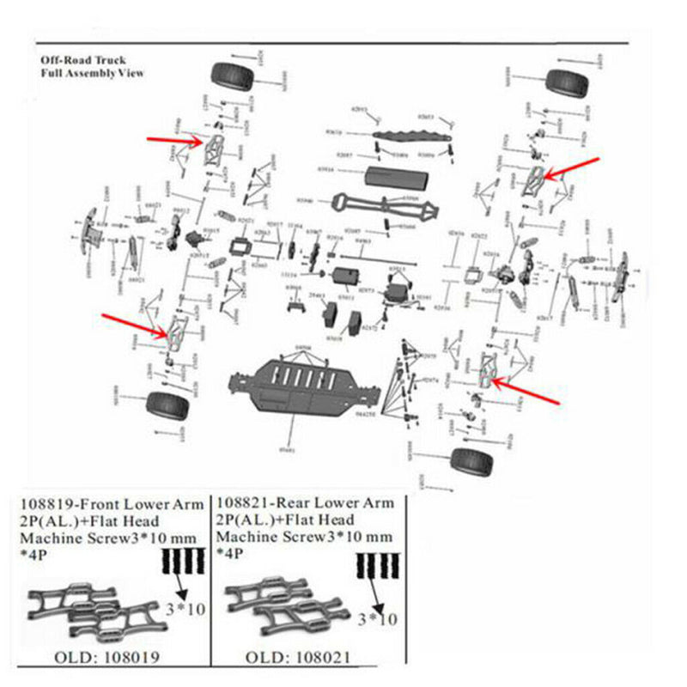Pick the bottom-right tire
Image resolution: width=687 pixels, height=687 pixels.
pos(471,463)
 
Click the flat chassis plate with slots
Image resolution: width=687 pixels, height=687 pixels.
pos(301,386)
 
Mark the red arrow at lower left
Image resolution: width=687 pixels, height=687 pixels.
pos(133,325)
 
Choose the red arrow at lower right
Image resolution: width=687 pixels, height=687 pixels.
pos(531,396)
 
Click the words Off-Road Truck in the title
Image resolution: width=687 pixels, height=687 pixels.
pos(83,61)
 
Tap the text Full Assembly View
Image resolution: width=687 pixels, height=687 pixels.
pos(92,73)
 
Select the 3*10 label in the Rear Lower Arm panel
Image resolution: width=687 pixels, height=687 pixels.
pos(379,619)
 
